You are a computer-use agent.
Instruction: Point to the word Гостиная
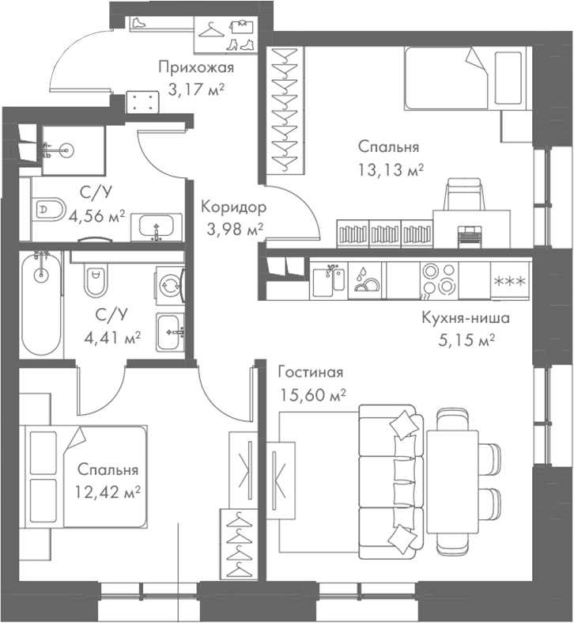pyautogui.click(x=310, y=372)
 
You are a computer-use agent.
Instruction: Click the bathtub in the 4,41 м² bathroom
pyautogui.click(x=41, y=306)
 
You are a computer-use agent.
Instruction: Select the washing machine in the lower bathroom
pyautogui.click(x=170, y=285)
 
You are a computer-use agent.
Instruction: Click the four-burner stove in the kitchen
pyautogui.click(x=437, y=280)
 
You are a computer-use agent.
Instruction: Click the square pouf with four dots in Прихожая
pyautogui.click(x=143, y=101)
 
